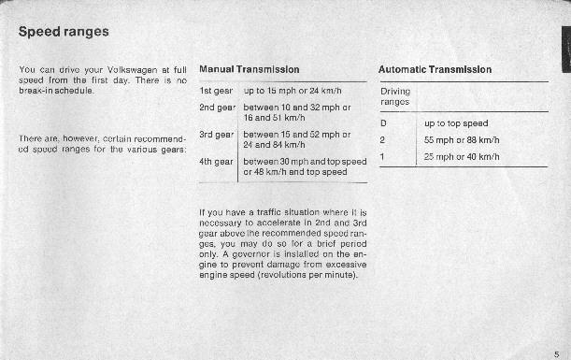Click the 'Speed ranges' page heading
(x=64, y=32)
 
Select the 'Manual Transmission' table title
(x=250, y=69)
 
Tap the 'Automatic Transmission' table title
(x=435, y=69)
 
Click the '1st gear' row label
(x=216, y=91)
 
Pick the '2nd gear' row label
(x=218, y=108)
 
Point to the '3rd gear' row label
(x=216, y=135)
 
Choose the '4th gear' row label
(x=216, y=162)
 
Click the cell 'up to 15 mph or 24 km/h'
(x=293, y=91)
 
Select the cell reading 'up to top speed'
(x=456, y=123)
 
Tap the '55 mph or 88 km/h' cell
(x=462, y=140)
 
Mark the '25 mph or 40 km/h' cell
(x=462, y=157)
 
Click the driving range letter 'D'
(x=383, y=123)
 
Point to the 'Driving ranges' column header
(x=395, y=96)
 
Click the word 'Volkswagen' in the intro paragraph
(x=133, y=69)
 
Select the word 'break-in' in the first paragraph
(x=36, y=91)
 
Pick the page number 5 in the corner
(x=556, y=354)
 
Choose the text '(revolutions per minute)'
(x=307, y=275)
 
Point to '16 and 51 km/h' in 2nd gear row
(x=274, y=118)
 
